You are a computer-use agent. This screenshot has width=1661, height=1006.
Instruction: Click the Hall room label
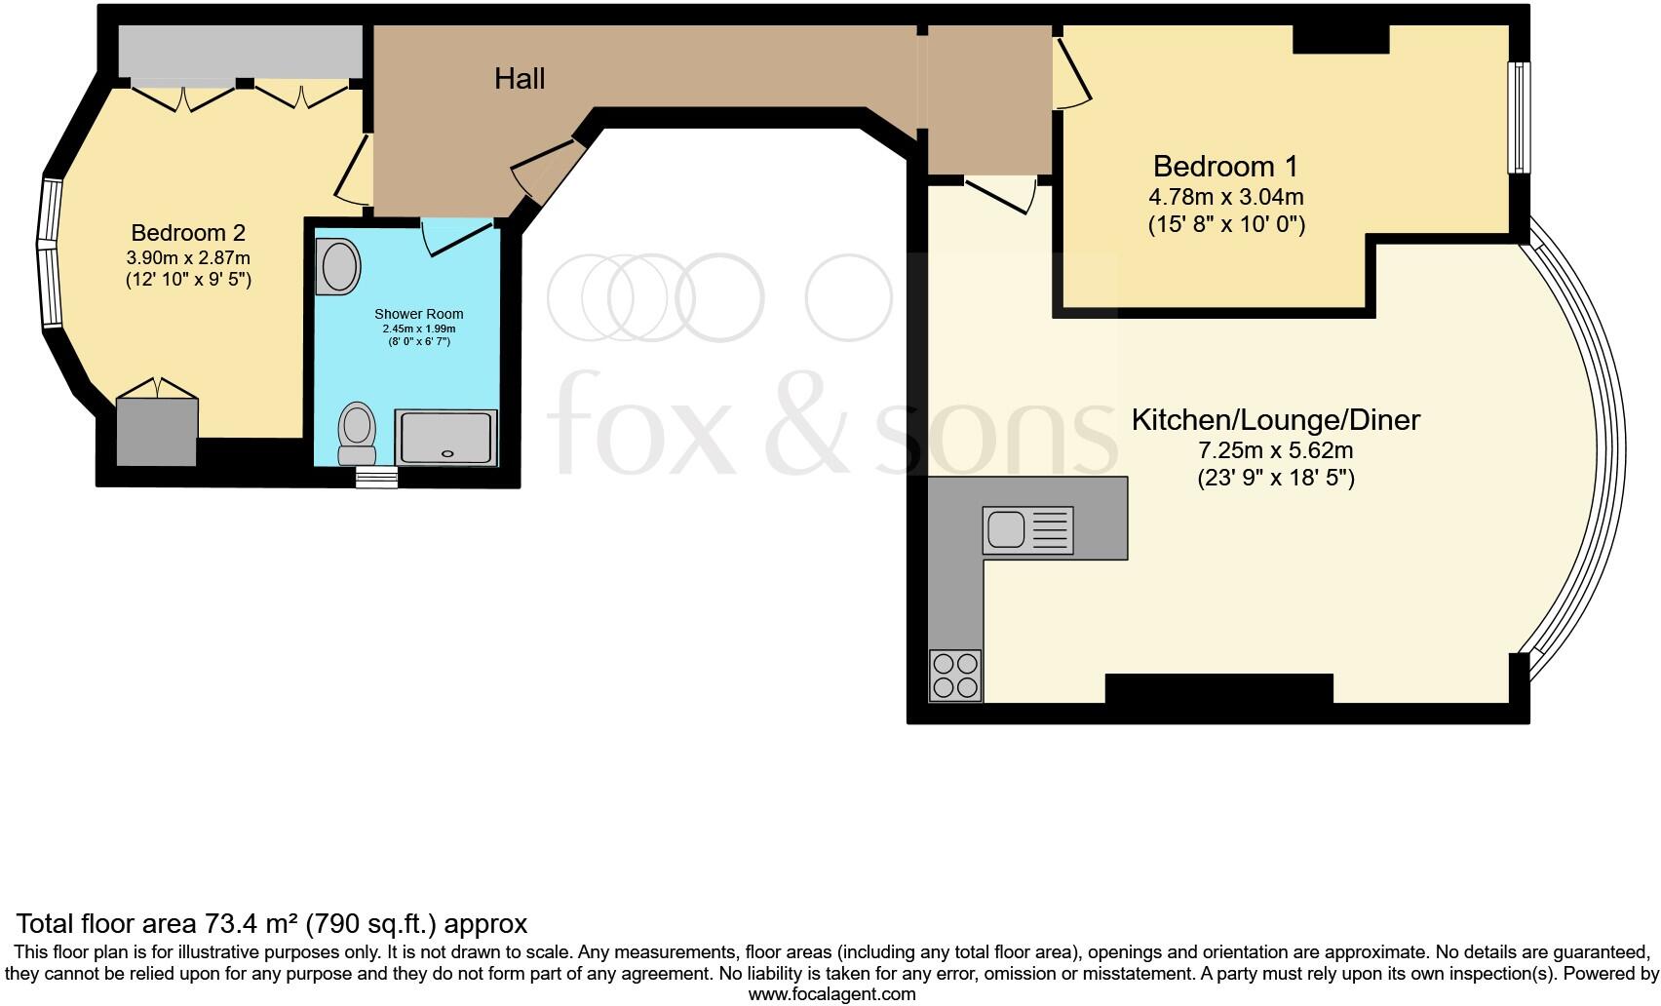(x=519, y=79)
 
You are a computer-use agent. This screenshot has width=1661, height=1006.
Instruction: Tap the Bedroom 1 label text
(x=1225, y=166)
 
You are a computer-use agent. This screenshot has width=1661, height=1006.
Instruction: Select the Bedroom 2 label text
(x=188, y=233)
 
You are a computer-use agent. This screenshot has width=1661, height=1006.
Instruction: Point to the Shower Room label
(x=418, y=314)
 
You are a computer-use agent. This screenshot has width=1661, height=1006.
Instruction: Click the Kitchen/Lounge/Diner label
(x=1275, y=420)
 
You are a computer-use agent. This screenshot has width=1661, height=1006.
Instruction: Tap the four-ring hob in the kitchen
(x=955, y=676)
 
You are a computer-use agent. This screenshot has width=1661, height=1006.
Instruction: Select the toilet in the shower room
(x=357, y=434)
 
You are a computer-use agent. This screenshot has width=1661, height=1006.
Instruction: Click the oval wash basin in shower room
(x=339, y=266)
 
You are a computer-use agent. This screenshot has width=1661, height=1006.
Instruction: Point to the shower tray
(x=446, y=436)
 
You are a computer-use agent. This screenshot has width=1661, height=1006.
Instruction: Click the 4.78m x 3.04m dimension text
(x=1225, y=197)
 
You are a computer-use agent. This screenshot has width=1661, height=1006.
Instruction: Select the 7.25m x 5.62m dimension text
(x=1275, y=451)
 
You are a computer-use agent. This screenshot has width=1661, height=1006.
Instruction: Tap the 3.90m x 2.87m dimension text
(x=188, y=258)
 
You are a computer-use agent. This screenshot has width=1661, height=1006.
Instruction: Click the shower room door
(x=458, y=237)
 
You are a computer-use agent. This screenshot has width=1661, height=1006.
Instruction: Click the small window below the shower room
(x=376, y=477)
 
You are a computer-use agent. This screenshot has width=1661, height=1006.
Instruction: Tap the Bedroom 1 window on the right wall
(x=1519, y=118)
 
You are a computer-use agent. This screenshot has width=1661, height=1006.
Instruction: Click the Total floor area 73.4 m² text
(x=272, y=923)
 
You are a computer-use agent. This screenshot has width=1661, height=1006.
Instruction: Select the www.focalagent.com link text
(x=831, y=994)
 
